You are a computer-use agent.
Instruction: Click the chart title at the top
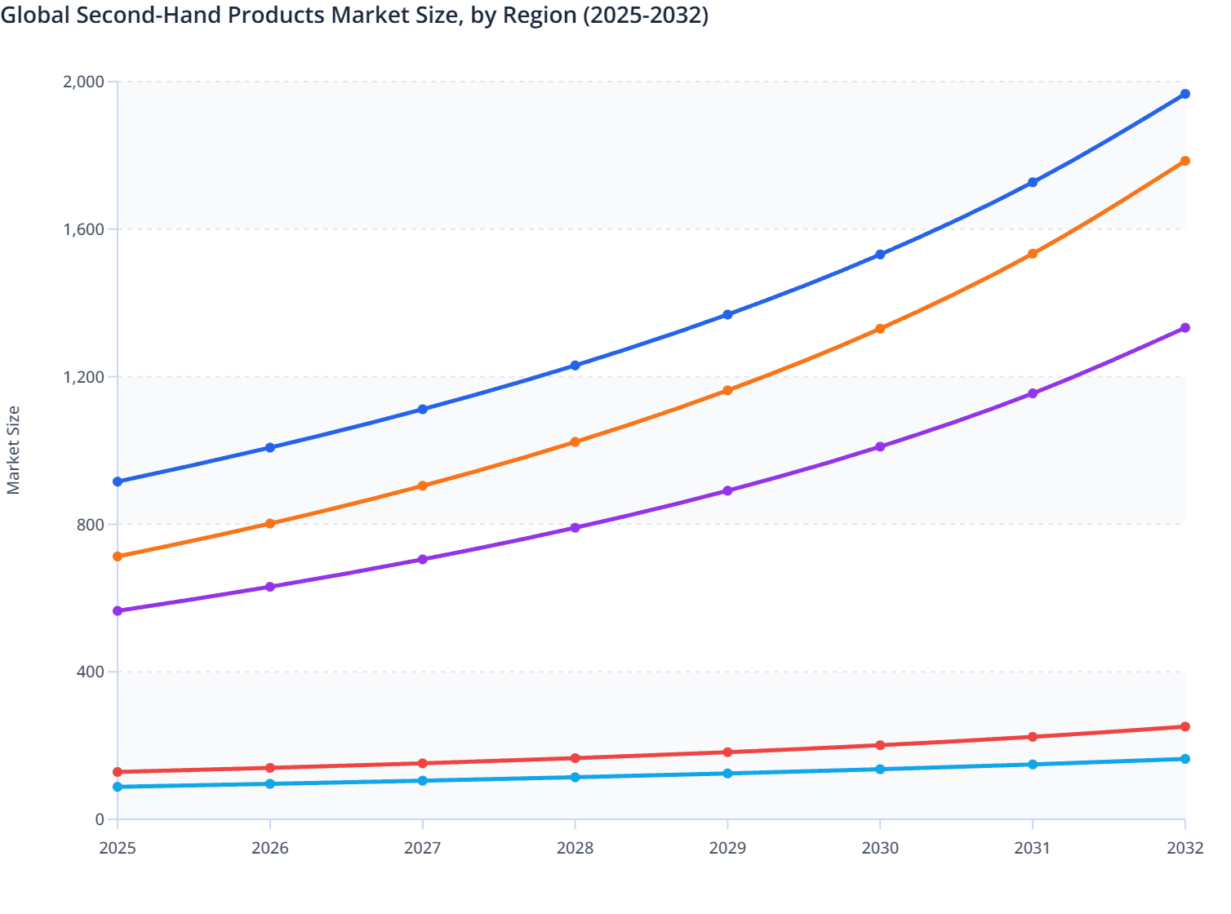click(354, 15)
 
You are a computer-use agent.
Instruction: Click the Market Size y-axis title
click(13, 450)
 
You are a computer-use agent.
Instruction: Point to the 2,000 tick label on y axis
click(83, 82)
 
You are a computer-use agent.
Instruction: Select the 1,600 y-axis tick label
click(83, 229)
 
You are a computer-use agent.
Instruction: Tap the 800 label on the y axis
click(90, 524)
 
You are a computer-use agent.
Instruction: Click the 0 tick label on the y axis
click(100, 819)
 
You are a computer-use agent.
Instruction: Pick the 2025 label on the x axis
click(118, 848)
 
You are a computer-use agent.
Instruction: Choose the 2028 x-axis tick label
click(575, 848)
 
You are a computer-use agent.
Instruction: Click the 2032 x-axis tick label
click(1184, 848)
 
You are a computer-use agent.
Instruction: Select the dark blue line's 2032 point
click(1184, 94)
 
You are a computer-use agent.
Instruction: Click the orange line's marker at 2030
click(880, 329)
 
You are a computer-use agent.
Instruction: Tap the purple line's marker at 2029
click(727, 490)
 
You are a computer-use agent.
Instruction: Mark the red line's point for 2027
click(422, 763)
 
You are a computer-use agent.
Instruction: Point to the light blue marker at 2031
click(1033, 764)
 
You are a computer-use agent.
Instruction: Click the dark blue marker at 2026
click(270, 447)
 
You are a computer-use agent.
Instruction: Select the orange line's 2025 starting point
click(118, 557)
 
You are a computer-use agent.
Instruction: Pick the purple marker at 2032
click(1184, 328)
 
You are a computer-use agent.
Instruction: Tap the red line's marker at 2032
click(1184, 726)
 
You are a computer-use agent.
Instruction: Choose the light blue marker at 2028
click(575, 777)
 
